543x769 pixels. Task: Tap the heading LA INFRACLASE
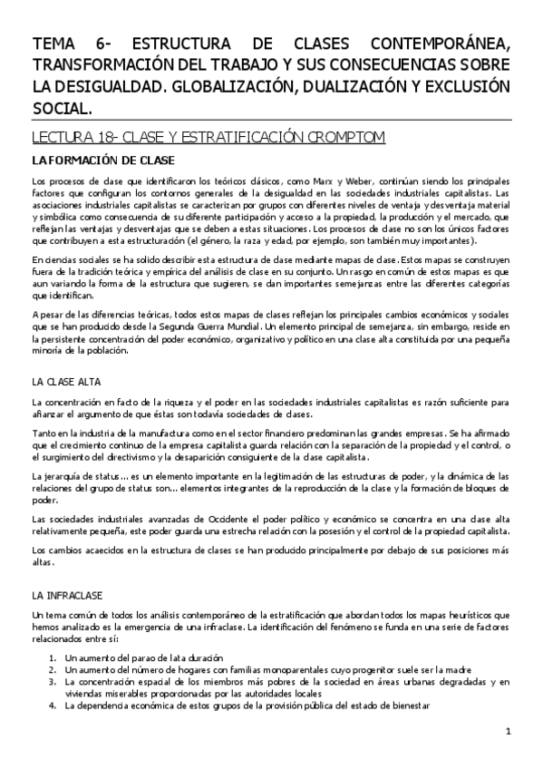coord(66,596)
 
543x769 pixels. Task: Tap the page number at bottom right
coord(509,732)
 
